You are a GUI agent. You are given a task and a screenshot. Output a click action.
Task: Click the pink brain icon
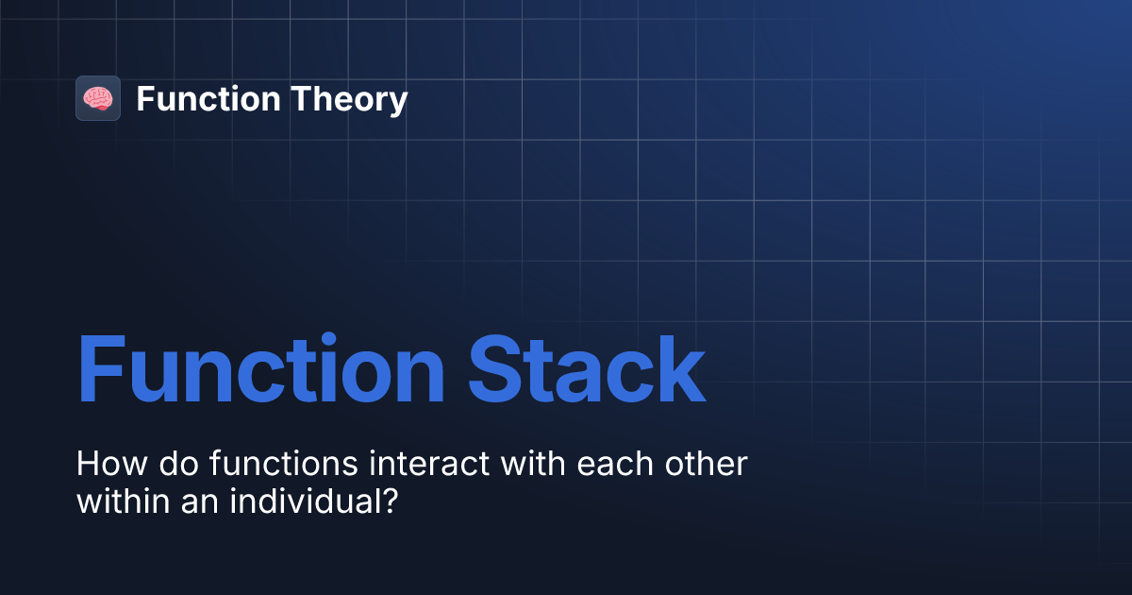[97, 98]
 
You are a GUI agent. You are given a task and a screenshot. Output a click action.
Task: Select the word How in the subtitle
[103, 465]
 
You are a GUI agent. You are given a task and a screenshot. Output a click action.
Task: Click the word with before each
[504, 465]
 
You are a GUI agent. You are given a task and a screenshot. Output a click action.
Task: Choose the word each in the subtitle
[591, 465]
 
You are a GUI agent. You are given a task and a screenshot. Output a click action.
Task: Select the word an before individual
[181, 501]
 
